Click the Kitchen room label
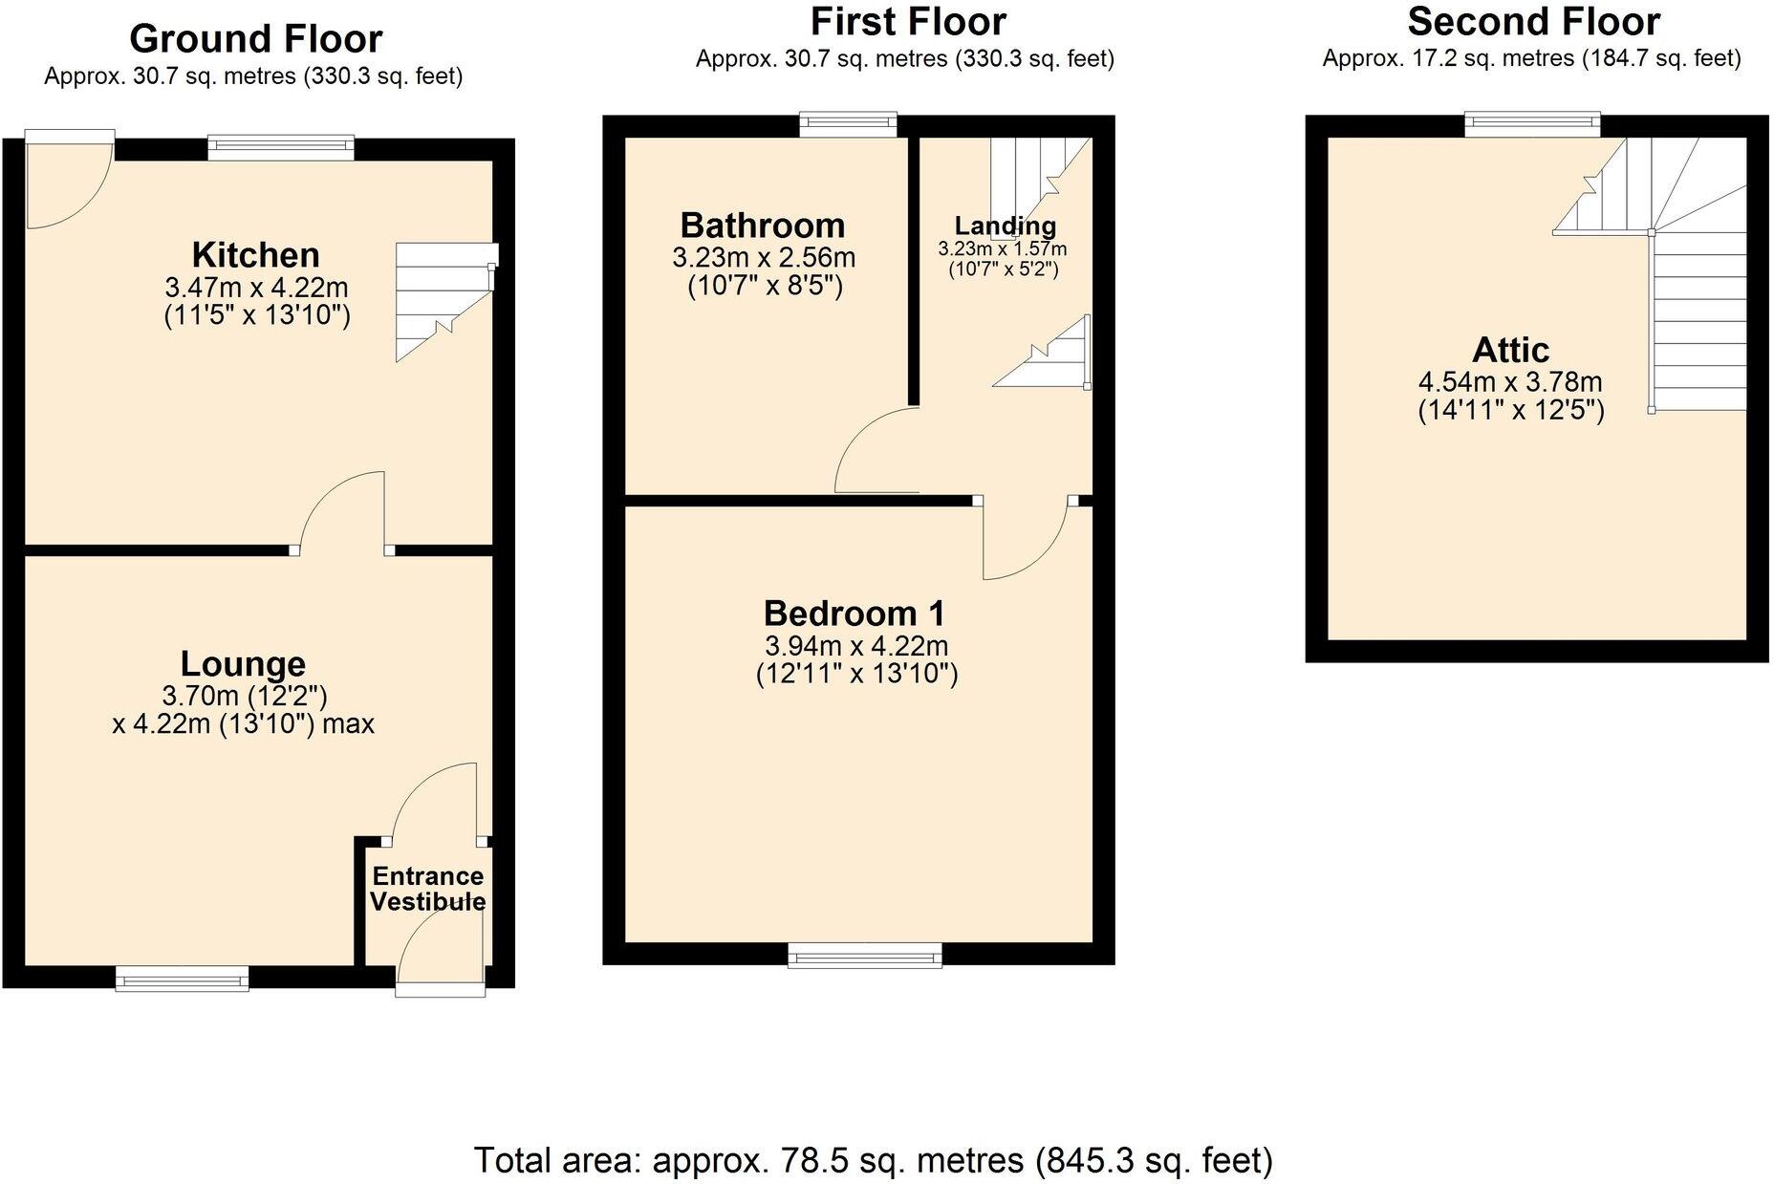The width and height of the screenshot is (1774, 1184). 255,255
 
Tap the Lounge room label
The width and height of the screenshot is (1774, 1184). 243,664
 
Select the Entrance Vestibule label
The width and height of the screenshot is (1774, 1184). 427,890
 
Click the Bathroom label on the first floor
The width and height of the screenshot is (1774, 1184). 763,226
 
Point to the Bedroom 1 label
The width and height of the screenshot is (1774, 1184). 855,613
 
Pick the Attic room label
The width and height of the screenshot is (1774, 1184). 1510,350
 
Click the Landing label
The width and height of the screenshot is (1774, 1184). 1005,226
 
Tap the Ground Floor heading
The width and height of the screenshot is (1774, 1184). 255,39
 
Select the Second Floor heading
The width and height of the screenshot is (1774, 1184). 1533,21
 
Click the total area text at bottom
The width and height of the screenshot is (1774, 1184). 874,1160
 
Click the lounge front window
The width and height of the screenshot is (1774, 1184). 182,978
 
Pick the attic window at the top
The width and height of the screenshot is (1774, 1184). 1532,122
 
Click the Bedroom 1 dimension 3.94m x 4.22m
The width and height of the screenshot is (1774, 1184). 856,646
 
